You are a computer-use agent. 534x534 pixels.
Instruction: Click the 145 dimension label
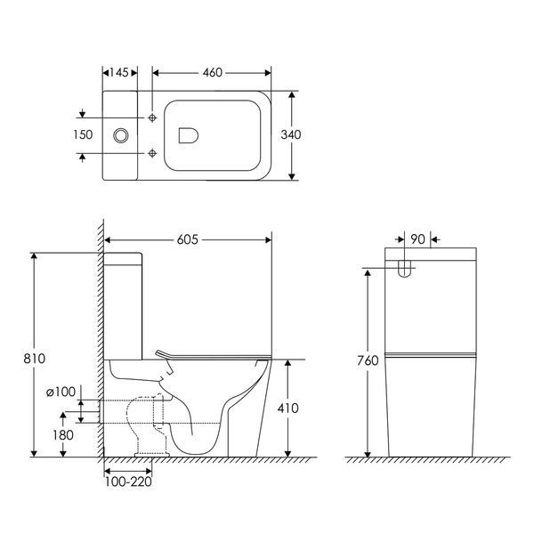pyautogui.click(x=119, y=73)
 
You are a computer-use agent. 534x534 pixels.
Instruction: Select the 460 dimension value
pyautogui.click(x=212, y=73)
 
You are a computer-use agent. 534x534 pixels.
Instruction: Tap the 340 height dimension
pyautogui.click(x=291, y=135)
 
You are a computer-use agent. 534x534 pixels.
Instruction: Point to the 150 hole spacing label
pyautogui.click(x=83, y=135)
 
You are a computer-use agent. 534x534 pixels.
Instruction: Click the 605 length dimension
pyautogui.click(x=187, y=239)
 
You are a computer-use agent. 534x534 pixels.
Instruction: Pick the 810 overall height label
pyautogui.click(x=34, y=359)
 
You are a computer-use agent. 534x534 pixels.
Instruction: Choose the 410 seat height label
pyautogui.click(x=287, y=408)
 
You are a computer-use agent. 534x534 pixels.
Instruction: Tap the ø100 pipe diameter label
pyautogui.click(x=61, y=392)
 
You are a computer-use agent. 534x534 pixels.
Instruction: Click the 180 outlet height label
pyautogui.click(x=63, y=435)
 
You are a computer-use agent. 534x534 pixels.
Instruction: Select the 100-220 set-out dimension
pyautogui.click(x=128, y=481)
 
